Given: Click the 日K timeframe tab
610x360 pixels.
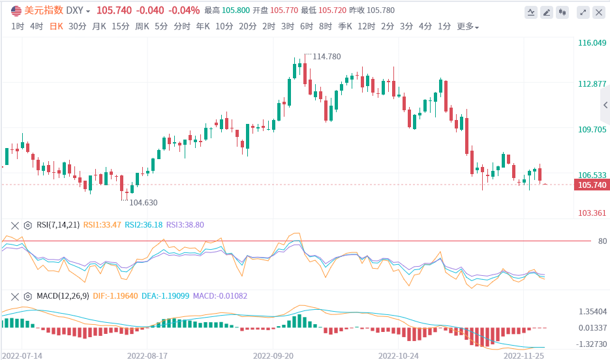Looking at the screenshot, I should point(56,27).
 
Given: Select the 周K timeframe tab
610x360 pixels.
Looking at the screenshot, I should point(142,27).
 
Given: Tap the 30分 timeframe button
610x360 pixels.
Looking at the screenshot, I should point(77,27).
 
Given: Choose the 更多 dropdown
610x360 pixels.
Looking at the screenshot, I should point(467,27).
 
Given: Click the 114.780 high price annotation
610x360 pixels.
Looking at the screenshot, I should point(327,57).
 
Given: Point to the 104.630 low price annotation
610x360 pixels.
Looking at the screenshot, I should point(144,203).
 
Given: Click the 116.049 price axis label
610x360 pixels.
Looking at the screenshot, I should point(592,43).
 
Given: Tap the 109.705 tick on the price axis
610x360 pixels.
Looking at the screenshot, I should point(592,129).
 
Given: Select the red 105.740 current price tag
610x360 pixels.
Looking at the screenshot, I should point(590,185).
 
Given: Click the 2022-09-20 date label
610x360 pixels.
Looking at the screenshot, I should point(273,356).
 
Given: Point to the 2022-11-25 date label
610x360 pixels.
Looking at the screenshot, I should point(523,356).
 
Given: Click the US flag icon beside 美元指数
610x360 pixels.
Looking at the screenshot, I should point(16,10).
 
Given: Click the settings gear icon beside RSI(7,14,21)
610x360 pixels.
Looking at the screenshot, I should point(27,225).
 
